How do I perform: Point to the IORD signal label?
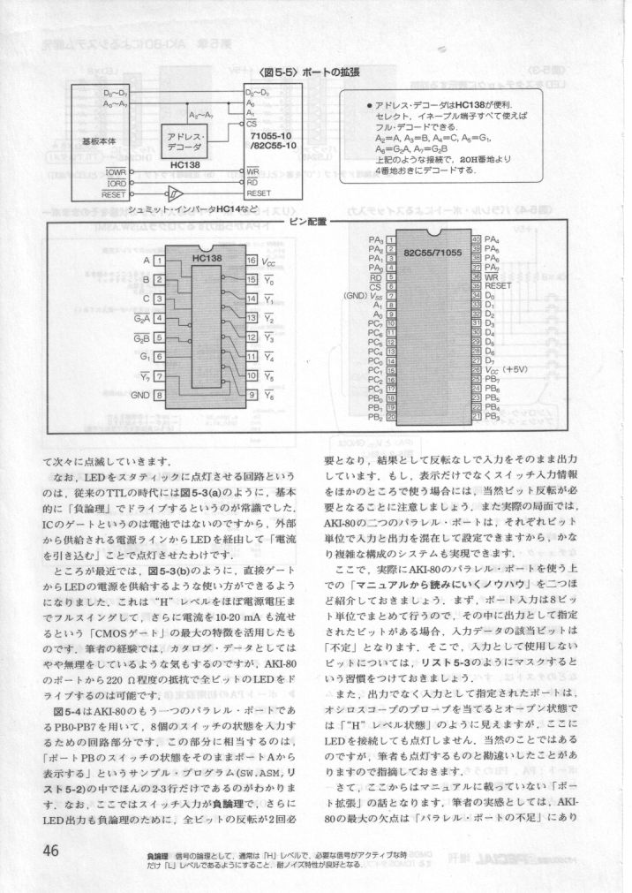(x=115, y=181)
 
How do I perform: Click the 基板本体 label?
(x=98, y=140)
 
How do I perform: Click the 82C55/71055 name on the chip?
(x=433, y=251)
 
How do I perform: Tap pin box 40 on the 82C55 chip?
(x=477, y=239)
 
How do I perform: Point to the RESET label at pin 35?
(x=499, y=285)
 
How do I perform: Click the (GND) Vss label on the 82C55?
(x=364, y=296)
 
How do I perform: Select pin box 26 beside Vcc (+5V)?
(x=477, y=368)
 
